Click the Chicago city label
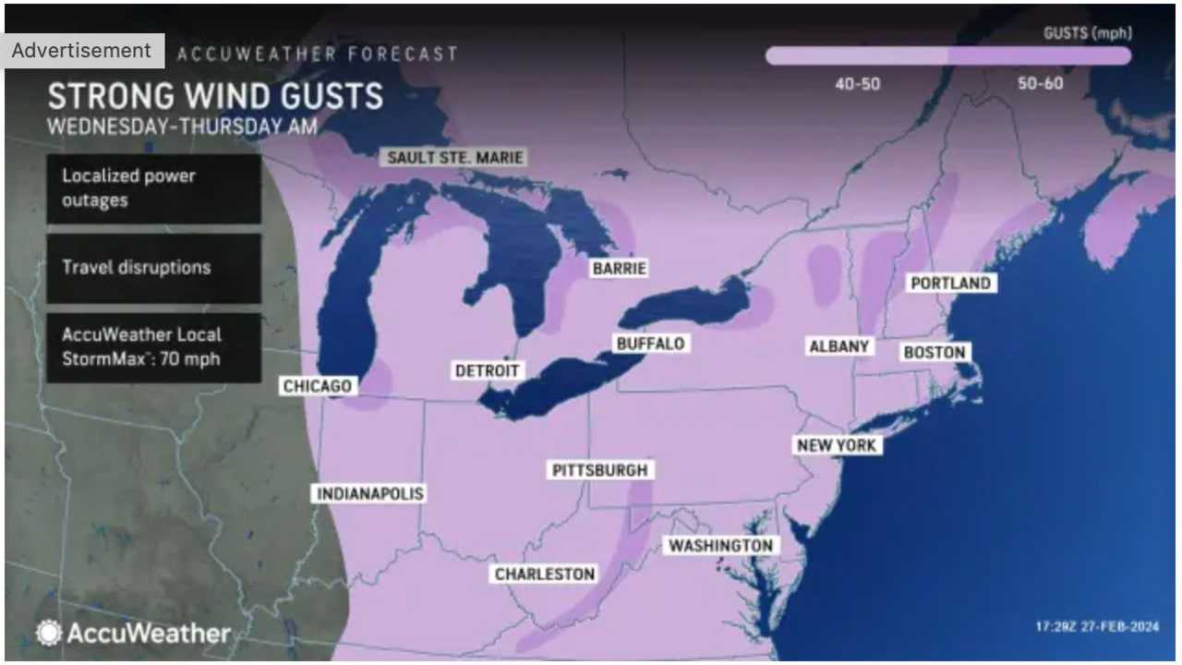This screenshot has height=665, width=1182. tap(317, 386)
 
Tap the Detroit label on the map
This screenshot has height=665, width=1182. tap(488, 370)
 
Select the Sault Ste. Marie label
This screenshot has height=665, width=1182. tap(455, 157)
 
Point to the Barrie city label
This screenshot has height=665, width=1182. tap(620, 269)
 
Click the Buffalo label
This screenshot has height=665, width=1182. tap(650, 344)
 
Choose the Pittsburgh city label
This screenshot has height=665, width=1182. tap(600, 470)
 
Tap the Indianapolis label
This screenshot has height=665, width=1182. tap(369, 493)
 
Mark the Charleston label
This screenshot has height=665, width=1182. tap(545, 574)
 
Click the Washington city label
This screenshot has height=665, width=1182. tap(720, 546)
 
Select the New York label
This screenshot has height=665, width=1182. tap(837, 445)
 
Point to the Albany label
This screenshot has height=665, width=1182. tap(838, 346)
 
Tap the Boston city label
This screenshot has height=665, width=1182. tap(934, 352)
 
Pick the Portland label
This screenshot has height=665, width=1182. tap(950, 284)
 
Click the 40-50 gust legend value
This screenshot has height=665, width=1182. tap(858, 84)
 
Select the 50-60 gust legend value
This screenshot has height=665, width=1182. tap(1040, 84)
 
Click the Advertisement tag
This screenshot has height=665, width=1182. tap(81, 51)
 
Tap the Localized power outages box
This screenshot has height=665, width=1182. tap(153, 188)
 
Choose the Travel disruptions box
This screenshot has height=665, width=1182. tap(153, 268)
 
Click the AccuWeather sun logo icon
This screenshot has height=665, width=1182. tap(49, 633)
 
